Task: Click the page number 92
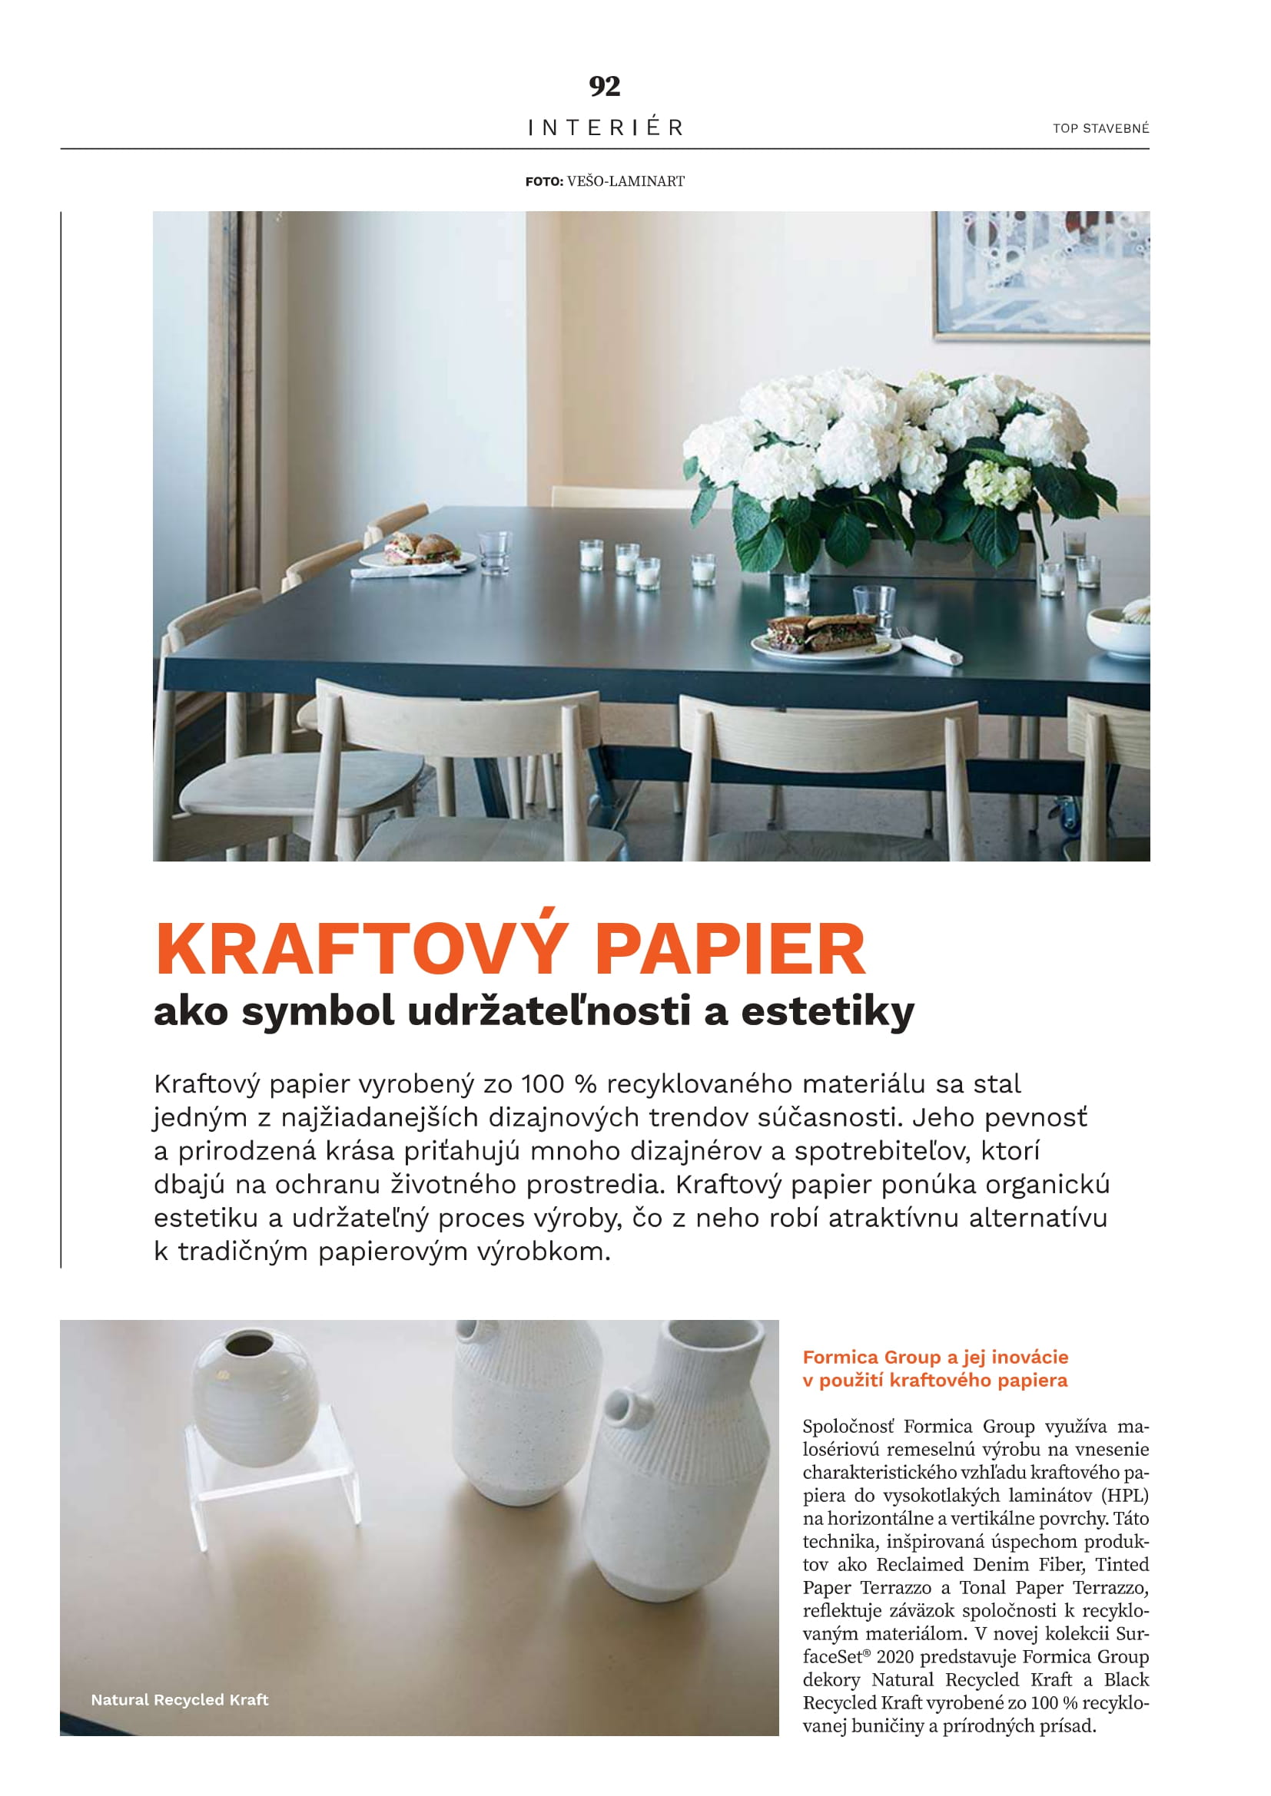tap(604, 86)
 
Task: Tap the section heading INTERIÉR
tap(605, 127)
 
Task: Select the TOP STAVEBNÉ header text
tap(1100, 128)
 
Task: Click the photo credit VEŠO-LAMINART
tap(626, 181)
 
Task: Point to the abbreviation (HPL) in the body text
tap(1124, 1496)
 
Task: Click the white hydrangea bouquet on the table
tap(900, 446)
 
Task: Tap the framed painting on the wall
tap(1042, 274)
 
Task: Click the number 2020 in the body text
tap(895, 1657)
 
